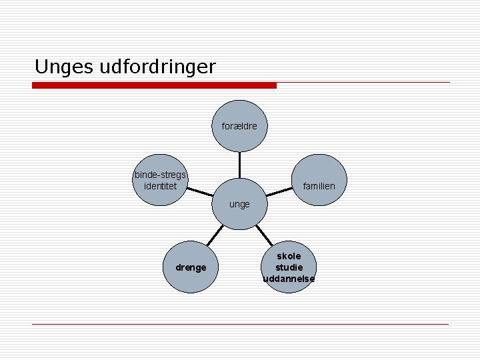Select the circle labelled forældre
click(x=239, y=125)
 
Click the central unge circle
click(x=239, y=203)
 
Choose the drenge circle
click(x=191, y=267)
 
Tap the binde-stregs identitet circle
click(x=160, y=181)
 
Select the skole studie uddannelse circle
click(x=289, y=267)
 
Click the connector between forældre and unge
click(x=239, y=165)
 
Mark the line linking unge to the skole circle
click(x=264, y=235)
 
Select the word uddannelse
click(x=289, y=279)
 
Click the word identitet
click(x=160, y=186)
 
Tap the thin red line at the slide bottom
click(x=240, y=325)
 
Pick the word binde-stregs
click(x=160, y=175)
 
